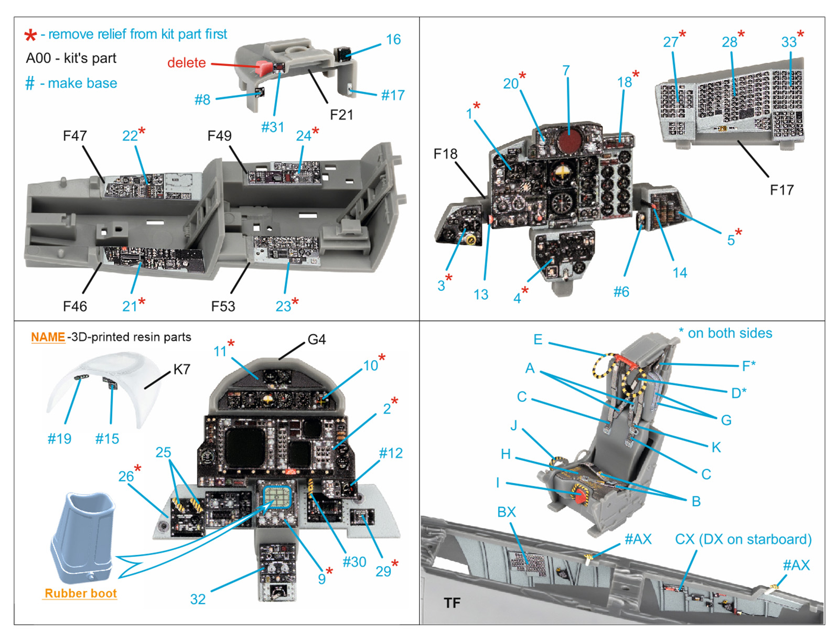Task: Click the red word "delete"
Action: (186, 63)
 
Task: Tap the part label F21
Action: (341, 115)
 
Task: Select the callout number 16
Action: (393, 40)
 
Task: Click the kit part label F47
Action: (74, 136)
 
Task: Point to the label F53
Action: (223, 306)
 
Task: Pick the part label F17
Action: (781, 190)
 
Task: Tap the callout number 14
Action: (680, 273)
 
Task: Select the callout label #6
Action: (621, 292)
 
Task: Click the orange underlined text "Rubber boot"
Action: (81, 593)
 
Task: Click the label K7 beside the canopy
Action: (181, 369)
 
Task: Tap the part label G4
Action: (316, 340)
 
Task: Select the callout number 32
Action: (198, 599)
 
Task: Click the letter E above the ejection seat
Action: (538, 340)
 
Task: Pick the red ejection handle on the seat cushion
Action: (580, 495)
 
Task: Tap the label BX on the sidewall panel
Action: (507, 512)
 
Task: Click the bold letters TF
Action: (452, 603)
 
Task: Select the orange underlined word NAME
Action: (48, 337)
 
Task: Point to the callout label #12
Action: (391, 453)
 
